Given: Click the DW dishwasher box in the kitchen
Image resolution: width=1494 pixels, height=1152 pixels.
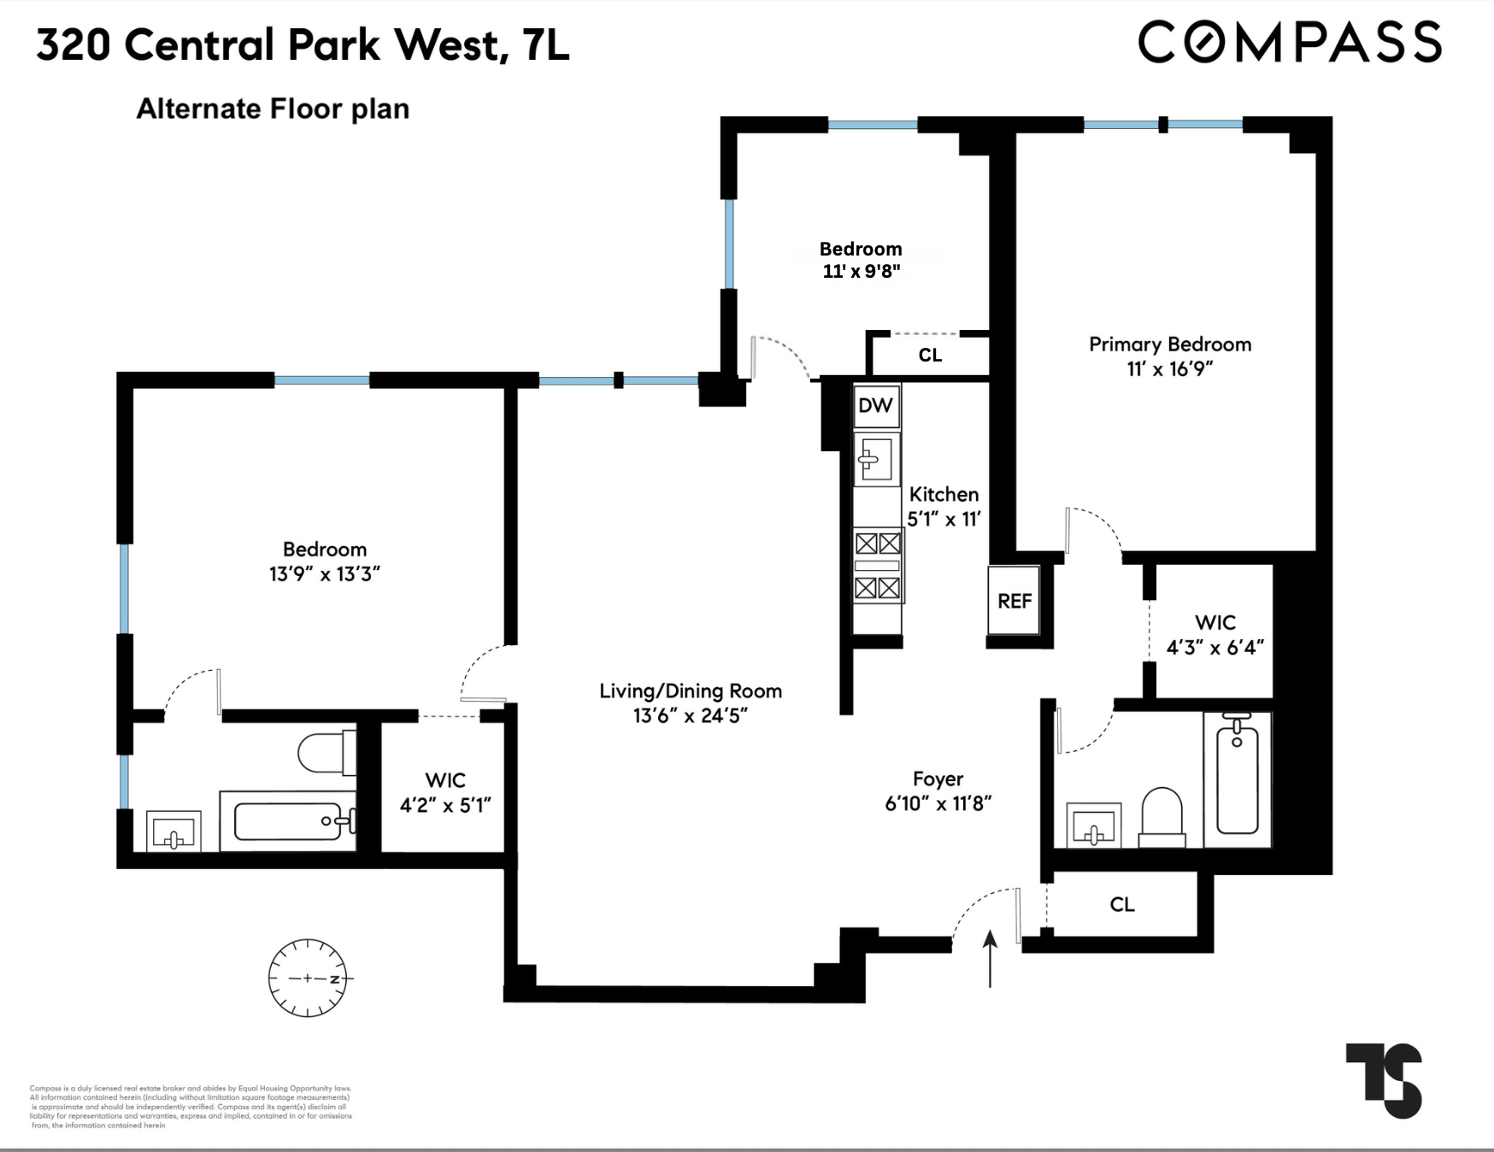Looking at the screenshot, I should pos(875,405).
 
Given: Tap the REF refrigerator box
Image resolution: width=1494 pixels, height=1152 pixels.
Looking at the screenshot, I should pos(1015,601).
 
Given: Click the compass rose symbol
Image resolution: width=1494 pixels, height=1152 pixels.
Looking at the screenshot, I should pos(308,978).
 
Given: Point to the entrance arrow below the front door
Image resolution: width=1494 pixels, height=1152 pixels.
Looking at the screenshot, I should pos(990,957).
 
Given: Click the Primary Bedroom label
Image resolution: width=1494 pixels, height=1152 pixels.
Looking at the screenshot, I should pos(1169,344).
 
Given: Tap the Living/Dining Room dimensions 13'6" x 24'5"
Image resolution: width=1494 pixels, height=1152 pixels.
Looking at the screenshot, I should pos(691,715).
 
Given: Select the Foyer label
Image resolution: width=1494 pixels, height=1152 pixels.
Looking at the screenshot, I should pos(938,779).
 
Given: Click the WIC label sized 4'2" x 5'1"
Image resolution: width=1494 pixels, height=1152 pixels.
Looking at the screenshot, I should pos(445,780).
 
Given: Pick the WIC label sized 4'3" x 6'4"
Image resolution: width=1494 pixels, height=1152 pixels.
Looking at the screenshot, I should pos(1215,622).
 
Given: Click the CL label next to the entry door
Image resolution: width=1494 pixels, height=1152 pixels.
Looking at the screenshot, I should pos(1121,904).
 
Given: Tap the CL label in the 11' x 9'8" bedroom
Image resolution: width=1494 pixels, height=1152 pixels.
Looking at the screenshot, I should pos(930,355).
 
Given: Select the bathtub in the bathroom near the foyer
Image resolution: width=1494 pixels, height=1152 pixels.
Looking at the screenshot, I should pos(1237,778).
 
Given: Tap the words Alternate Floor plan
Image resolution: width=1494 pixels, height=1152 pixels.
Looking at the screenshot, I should pos(273,109).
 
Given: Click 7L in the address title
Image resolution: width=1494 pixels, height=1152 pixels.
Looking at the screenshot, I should pos(545,44).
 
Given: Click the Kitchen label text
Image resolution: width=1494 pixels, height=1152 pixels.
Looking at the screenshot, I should pos(944,494).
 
